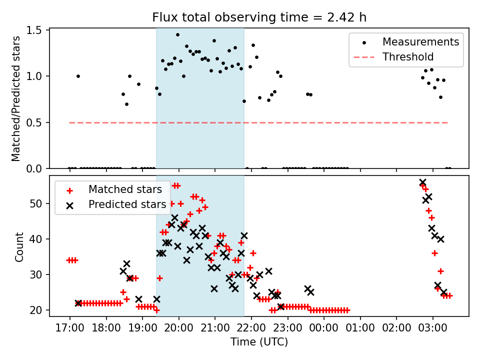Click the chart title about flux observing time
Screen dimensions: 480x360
point(259,17)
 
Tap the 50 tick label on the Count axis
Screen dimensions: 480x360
point(36,203)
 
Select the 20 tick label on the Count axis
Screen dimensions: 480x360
point(36,310)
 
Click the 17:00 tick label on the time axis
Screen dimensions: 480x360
point(70,328)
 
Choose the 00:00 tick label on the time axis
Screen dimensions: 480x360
point(324,328)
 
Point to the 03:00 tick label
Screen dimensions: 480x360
point(433,328)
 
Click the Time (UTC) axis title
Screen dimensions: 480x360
point(259,341)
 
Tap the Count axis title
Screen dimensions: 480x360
point(19,246)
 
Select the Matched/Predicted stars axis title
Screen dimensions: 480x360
point(15,98)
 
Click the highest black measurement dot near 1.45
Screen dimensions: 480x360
point(177,35)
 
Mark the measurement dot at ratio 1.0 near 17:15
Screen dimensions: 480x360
point(78,76)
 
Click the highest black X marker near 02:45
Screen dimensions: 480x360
point(423,182)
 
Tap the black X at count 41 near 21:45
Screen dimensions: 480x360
point(244,235)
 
